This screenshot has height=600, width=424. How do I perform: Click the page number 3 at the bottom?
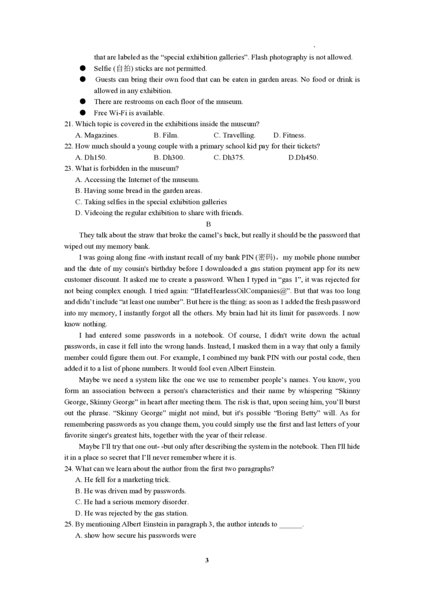pyautogui.click(x=207, y=560)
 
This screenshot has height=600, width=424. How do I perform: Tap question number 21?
pyautogui.click(x=68, y=124)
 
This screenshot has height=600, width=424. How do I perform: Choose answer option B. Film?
pyautogui.click(x=166, y=135)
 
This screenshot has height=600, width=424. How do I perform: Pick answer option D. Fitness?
pyautogui.click(x=289, y=135)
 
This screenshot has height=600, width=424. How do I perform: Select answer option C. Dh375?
pyautogui.click(x=229, y=157)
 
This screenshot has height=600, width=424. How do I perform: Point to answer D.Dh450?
pyautogui.click(x=303, y=157)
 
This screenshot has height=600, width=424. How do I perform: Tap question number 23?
pyautogui.click(x=68, y=169)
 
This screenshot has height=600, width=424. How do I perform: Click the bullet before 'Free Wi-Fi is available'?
pyautogui.click(x=83, y=113)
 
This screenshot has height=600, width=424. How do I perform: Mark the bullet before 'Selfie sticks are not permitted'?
pyautogui.click(x=83, y=68)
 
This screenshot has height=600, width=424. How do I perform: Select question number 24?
pyautogui.click(x=68, y=469)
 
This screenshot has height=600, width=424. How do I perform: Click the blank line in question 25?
pyautogui.click(x=290, y=525)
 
